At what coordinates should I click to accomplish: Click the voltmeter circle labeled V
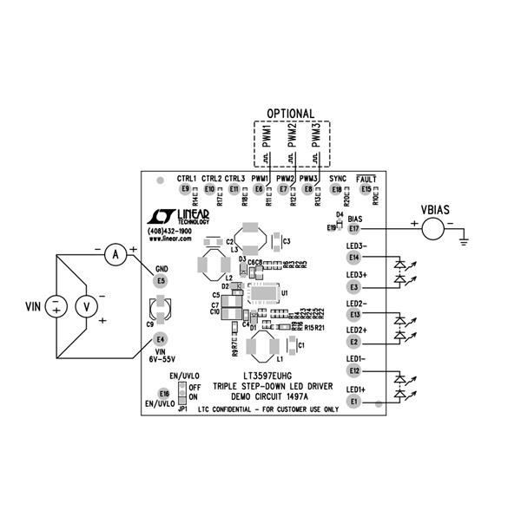86,305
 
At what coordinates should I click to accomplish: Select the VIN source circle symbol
56,305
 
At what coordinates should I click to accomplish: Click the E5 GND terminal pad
161,281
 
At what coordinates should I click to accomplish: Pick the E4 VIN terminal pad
161,338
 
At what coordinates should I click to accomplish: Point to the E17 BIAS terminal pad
353,229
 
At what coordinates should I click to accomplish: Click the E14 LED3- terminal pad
353,257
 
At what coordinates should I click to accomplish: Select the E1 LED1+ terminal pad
353,402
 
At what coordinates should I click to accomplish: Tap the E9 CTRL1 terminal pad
184,189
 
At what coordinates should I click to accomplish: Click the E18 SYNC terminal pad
337,189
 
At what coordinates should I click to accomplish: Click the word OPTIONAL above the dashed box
290,114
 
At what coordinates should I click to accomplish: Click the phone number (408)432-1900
170,232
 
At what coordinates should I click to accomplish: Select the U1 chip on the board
263,294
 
